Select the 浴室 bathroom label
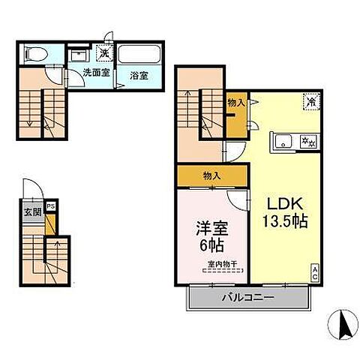[x=137, y=75]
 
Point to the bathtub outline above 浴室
[x=139, y=55]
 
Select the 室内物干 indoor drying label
[x=222, y=263]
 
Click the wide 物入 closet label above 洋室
[x=211, y=175]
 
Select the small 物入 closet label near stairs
[x=235, y=103]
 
